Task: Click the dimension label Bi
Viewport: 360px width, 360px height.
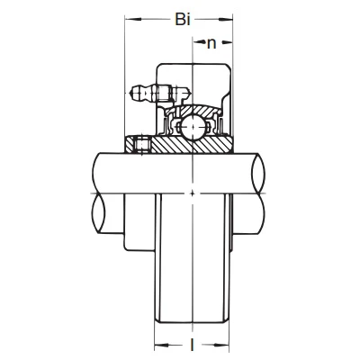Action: click(183, 20)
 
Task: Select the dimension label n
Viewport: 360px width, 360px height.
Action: click(211, 44)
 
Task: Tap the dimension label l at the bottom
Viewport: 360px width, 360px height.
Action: click(192, 345)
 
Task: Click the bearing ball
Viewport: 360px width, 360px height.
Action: click(192, 127)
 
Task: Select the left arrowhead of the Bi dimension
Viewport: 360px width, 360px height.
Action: click(133, 20)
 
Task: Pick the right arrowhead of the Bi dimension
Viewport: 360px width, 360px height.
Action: click(225, 20)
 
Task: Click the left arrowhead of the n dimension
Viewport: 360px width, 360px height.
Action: click(198, 42)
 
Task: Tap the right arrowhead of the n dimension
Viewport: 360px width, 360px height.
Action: click(228, 42)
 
